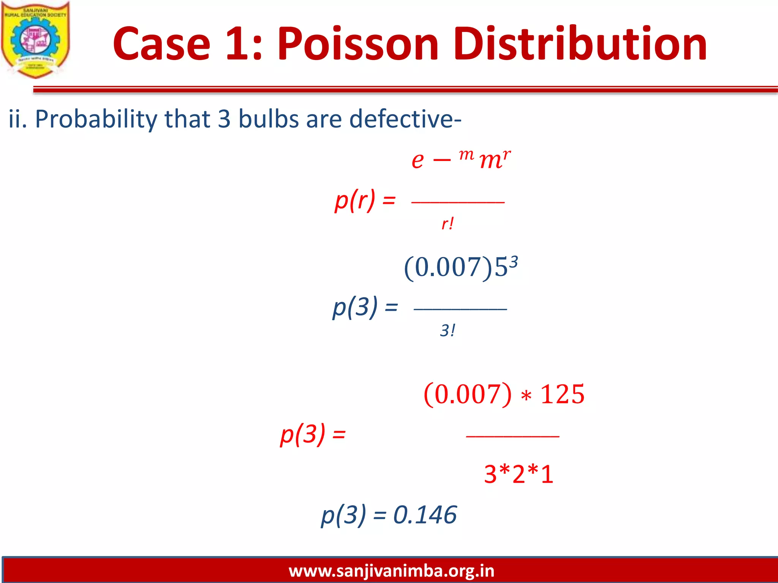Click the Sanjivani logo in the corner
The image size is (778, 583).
(x=35, y=39)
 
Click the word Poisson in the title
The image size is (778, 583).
(x=357, y=44)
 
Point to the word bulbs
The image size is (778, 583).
(x=269, y=119)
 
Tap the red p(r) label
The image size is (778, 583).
(x=355, y=200)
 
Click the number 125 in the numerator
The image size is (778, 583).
(x=562, y=394)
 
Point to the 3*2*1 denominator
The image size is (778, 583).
(x=519, y=474)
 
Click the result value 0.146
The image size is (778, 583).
(x=425, y=515)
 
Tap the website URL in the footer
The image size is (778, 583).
(x=391, y=571)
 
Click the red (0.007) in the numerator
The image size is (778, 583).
(x=468, y=394)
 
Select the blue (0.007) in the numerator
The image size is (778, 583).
(x=448, y=268)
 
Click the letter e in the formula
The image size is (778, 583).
(x=417, y=160)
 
